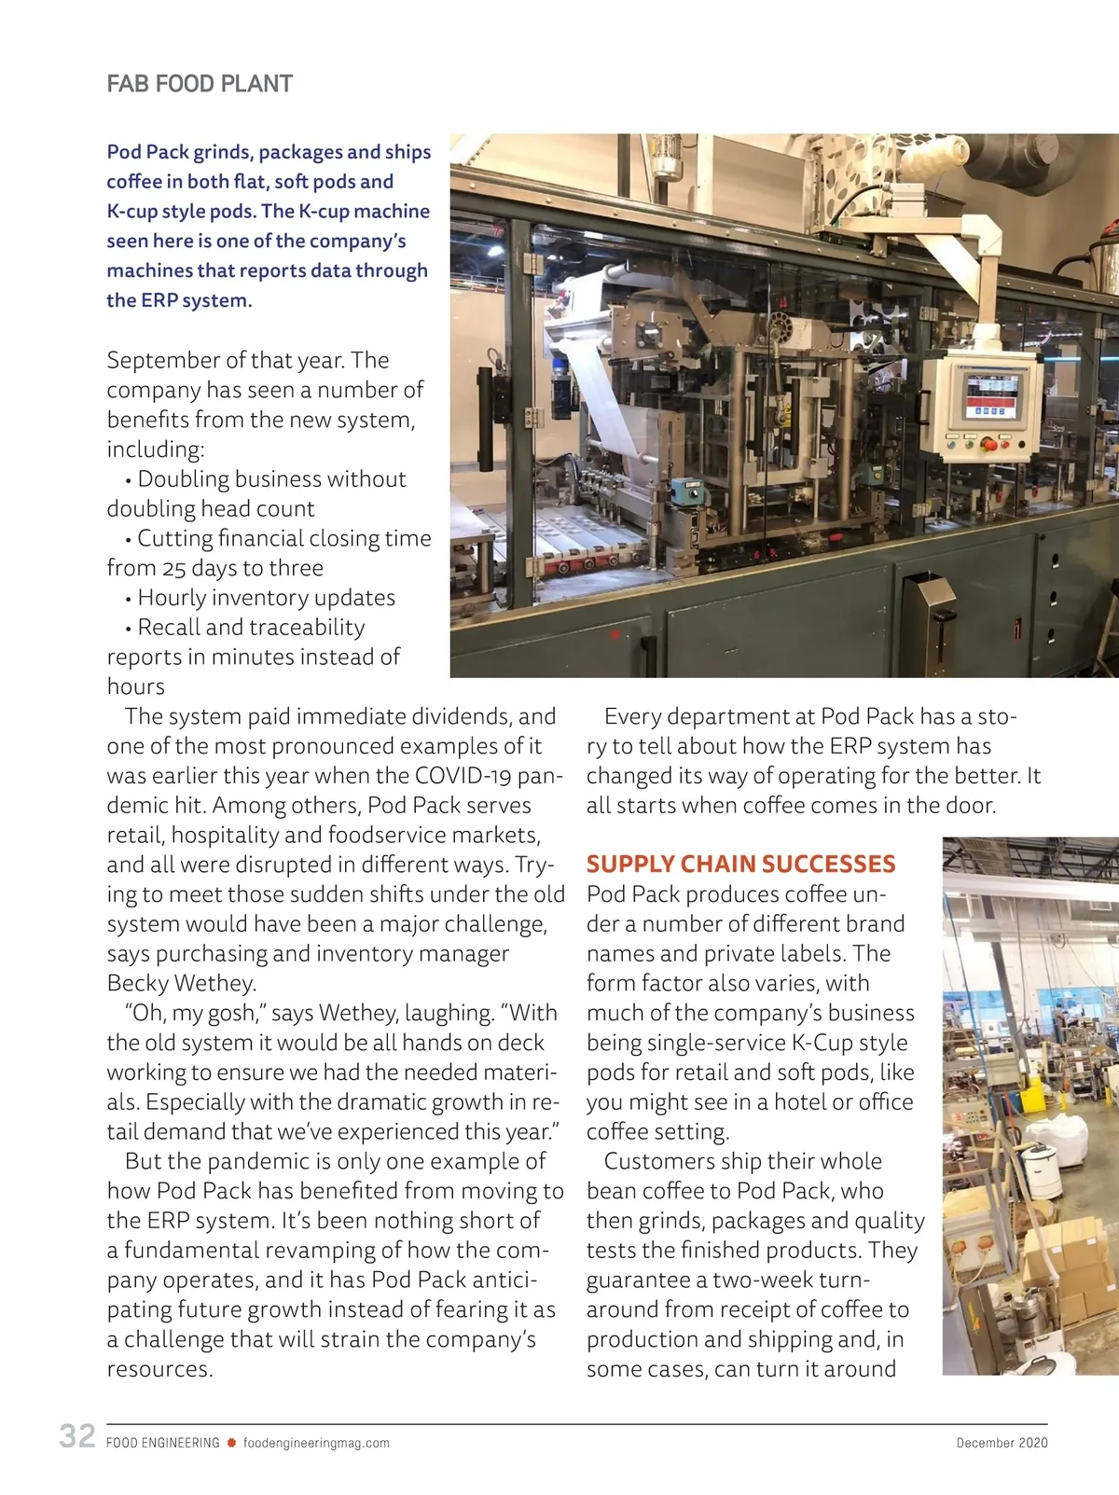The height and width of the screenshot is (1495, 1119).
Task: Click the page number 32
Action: click(77, 1435)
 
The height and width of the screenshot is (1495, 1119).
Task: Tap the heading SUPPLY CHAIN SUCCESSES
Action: click(740, 864)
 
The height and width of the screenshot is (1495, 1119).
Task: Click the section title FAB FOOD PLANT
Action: click(200, 84)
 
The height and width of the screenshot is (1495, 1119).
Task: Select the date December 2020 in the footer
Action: click(1002, 1443)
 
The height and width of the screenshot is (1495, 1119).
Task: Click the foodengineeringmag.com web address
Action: click(316, 1443)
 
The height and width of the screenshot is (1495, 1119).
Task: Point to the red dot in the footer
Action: click(231, 1443)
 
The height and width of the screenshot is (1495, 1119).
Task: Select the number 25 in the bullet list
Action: click(173, 568)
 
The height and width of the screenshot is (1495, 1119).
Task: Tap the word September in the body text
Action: click(162, 360)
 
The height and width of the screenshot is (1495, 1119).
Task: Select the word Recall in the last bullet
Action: click(169, 627)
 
